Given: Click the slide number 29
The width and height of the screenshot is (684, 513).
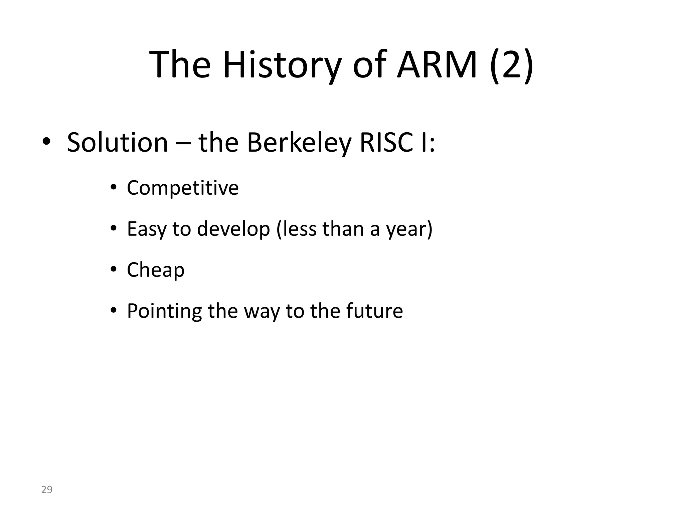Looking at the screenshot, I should coord(47,490).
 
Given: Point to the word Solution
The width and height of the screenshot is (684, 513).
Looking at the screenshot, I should coord(117,143).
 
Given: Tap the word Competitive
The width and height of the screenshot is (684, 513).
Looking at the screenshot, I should coord(183,188).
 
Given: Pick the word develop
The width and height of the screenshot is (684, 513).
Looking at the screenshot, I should coord(233,229).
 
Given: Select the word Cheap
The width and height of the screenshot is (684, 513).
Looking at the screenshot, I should coord(156,270).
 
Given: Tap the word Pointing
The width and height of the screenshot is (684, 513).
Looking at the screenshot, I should coord(164,311).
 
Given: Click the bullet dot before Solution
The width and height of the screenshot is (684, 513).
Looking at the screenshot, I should coord(46,142).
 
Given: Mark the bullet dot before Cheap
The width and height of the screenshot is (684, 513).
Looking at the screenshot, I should coord(114,269).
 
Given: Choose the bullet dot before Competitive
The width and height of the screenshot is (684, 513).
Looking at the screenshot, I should coord(114,187).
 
